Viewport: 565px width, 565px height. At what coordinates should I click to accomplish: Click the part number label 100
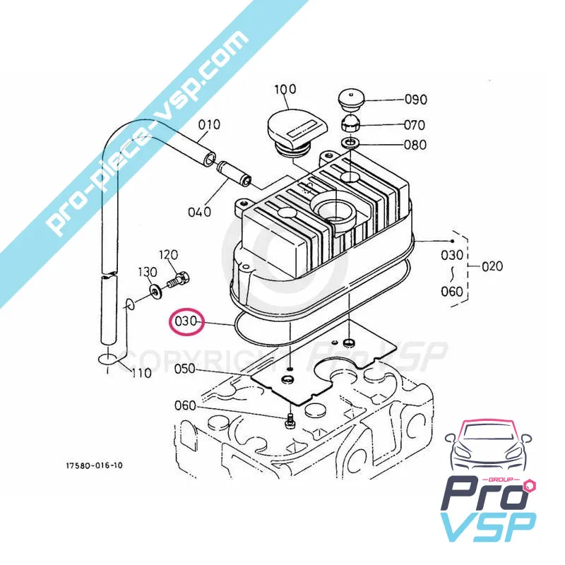(x=285, y=90)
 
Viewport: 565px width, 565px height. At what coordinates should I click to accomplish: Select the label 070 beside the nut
(x=415, y=126)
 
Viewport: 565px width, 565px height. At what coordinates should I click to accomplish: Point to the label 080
(x=415, y=145)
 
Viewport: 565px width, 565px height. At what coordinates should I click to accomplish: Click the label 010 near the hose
(x=208, y=126)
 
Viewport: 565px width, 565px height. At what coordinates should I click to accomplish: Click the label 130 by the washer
(x=147, y=273)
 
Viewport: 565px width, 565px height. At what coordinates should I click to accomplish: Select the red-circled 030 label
(x=185, y=323)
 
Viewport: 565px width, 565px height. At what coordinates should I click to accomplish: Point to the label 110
(x=141, y=373)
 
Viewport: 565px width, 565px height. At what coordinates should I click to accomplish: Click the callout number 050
(x=184, y=369)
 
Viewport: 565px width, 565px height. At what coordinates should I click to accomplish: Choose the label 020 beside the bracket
(x=492, y=266)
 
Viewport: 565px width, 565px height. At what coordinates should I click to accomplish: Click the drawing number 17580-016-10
(x=94, y=466)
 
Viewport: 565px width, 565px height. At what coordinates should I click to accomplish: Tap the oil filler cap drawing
(x=296, y=132)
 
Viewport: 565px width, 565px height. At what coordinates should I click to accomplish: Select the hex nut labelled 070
(x=352, y=126)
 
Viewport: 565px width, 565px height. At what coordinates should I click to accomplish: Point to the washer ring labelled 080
(x=351, y=145)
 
